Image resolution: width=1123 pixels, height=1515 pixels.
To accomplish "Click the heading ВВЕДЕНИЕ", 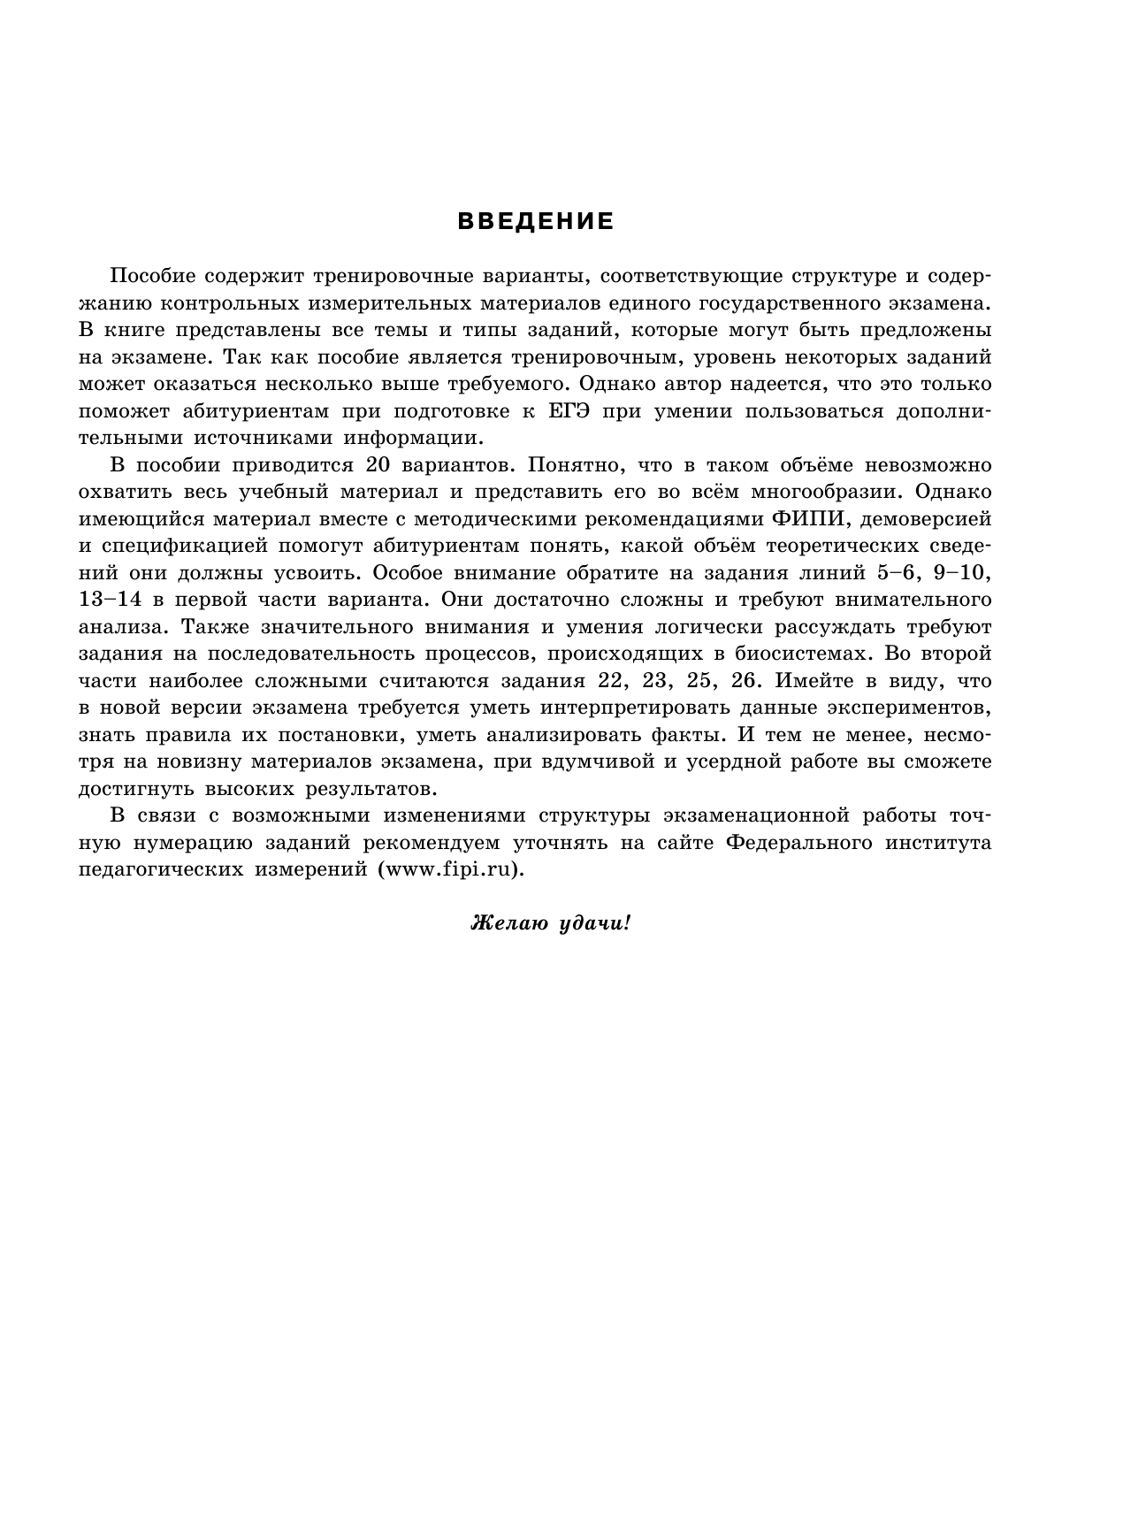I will click(536, 221).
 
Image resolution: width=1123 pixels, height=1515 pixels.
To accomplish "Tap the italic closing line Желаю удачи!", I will click(551, 924).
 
